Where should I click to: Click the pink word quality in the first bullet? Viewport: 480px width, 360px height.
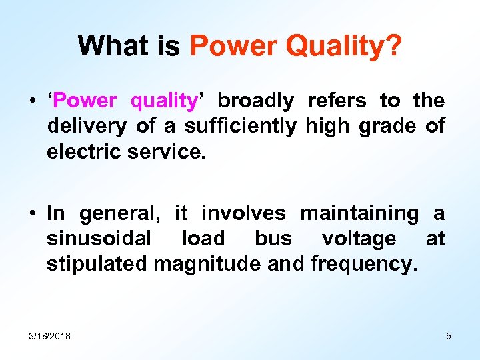point(163,101)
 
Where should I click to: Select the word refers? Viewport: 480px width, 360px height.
point(337,101)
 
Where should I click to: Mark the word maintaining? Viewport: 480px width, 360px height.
point(359,214)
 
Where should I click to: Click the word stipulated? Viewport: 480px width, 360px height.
point(97,263)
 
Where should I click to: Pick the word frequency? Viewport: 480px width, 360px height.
point(363,263)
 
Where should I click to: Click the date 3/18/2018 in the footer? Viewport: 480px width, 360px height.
point(50,336)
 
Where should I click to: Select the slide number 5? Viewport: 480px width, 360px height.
point(449,336)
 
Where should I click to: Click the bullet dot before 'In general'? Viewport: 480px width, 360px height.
point(32,214)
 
